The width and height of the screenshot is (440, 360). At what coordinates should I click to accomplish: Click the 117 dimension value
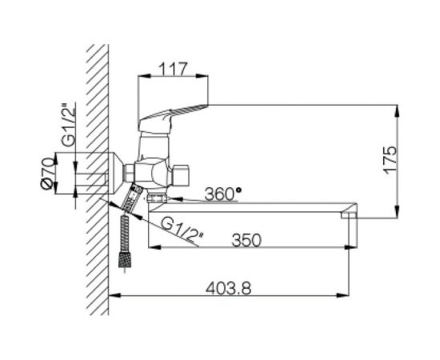pos(173,70)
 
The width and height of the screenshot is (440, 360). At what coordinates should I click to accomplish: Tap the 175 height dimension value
pos(390,160)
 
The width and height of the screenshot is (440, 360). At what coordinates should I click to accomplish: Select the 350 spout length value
pos(246,240)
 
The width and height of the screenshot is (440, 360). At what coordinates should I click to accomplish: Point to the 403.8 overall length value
pos(229,288)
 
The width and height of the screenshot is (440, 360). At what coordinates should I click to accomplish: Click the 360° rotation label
pos(223,194)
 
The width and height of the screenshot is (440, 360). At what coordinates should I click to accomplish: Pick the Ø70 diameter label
pos(47,173)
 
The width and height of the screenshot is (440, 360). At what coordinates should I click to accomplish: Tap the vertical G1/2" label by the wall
pos(69,125)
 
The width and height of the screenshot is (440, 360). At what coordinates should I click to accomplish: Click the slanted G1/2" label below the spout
pos(182,229)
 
